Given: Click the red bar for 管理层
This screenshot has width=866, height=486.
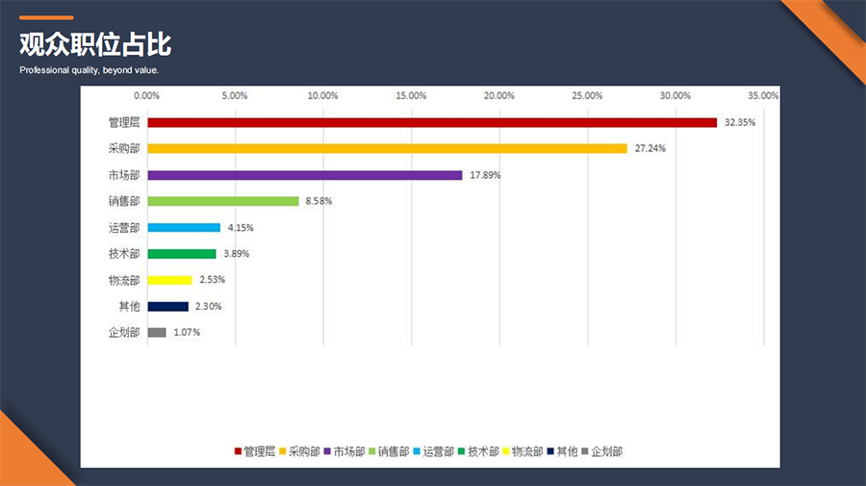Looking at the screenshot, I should pyautogui.click(x=432, y=122).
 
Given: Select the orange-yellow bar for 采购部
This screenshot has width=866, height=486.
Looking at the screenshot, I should pyautogui.click(x=387, y=148).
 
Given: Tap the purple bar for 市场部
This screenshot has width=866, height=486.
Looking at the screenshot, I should pyautogui.click(x=305, y=175).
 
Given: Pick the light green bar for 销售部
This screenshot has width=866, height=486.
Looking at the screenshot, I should pyautogui.click(x=223, y=201).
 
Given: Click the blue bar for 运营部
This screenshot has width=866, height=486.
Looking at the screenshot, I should pyautogui.click(x=184, y=227).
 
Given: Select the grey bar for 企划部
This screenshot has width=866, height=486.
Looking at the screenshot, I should pyautogui.click(x=157, y=332).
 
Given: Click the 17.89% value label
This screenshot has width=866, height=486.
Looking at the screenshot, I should pyautogui.click(x=485, y=175).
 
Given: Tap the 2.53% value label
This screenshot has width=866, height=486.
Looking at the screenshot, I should pyautogui.click(x=212, y=280).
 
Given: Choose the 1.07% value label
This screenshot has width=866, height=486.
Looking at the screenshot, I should pyautogui.click(x=187, y=333).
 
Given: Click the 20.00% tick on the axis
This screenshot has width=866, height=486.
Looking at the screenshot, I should pyautogui.click(x=499, y=95).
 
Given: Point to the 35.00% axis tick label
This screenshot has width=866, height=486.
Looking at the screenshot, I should pyautogui.click(x=763, y=95).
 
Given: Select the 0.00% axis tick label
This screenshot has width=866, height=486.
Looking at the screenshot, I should pyautogui.click(x=146, y=95).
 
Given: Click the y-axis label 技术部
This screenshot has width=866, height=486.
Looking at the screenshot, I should pyautogui.click(x=124, y=254).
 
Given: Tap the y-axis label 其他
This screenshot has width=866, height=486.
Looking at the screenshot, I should pyautogui.click(x=129, y=306).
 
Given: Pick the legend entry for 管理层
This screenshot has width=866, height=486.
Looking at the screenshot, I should pyautogui.click(x=255, y=450).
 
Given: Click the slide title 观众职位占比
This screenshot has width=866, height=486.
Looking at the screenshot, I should pyautogui.click(x=95, y=45).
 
